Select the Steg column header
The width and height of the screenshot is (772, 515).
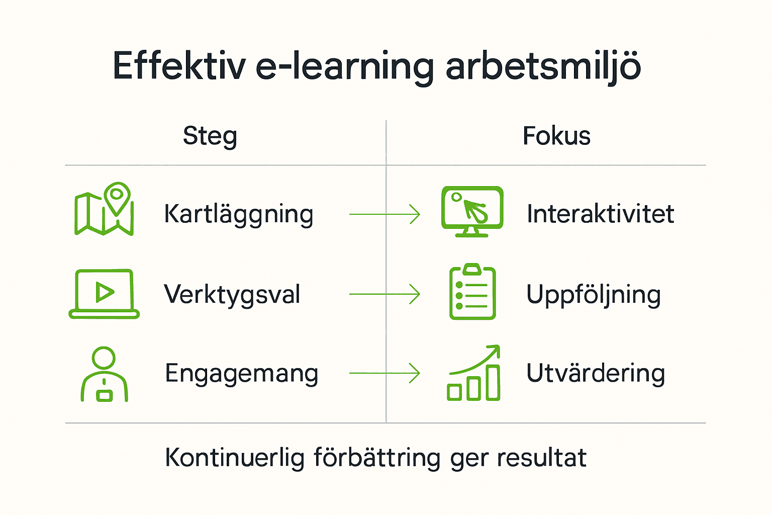210,136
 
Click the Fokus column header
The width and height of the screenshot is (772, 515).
556,136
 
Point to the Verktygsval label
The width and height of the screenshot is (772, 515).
232,295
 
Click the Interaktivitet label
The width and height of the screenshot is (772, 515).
600,214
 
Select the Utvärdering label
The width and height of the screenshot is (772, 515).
596,374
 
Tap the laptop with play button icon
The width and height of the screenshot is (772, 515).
104,294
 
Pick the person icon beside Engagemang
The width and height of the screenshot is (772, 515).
104,374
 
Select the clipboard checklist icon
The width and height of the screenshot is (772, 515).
472,292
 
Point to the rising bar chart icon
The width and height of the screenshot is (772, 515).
473,373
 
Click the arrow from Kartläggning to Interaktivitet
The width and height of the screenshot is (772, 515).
384,214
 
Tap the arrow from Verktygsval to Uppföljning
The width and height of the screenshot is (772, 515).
384,294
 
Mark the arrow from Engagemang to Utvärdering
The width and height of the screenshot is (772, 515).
384,373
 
